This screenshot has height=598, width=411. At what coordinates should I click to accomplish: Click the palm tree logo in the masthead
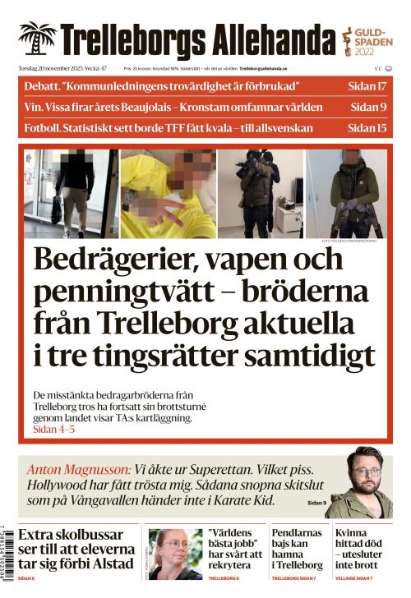(x=37, y=39)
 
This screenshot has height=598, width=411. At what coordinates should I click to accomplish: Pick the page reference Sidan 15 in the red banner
(x=367, y=127)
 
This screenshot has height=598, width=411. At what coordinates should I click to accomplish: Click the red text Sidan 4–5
(x=54, y=430)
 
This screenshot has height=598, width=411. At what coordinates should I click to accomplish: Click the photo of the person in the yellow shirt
(x=169, y=194)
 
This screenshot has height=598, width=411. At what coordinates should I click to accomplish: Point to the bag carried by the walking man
(x=56, y=210)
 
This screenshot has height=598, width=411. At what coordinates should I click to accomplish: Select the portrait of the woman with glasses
(x=175, y=554)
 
